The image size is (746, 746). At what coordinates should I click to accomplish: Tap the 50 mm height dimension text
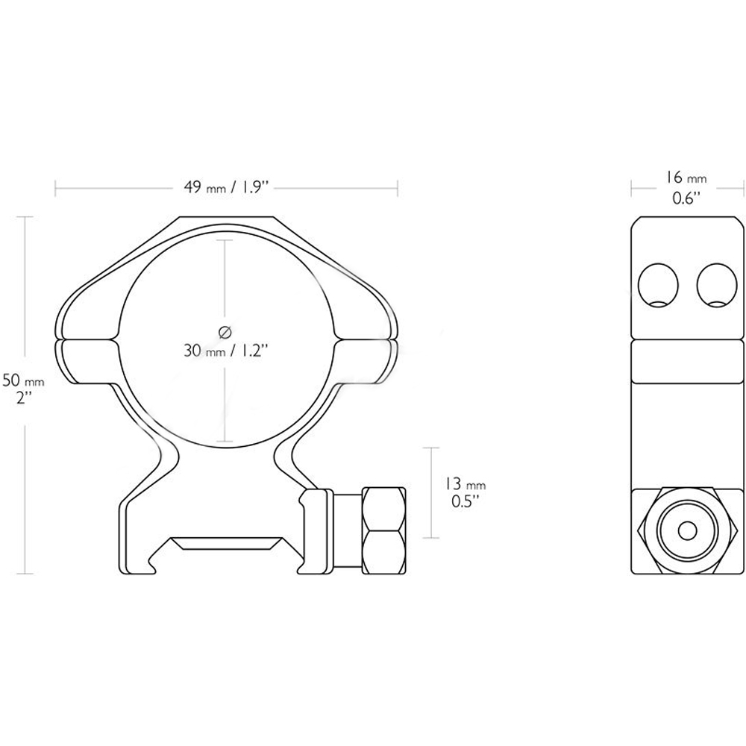coord(23,380)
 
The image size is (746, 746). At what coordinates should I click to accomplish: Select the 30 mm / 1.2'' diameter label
coord(227,351)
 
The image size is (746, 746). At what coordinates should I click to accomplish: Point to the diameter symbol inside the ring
coord(225,332)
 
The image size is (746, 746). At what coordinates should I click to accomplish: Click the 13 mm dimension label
coord(466,485)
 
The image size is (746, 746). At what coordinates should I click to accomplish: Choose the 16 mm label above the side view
coord(686,178)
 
